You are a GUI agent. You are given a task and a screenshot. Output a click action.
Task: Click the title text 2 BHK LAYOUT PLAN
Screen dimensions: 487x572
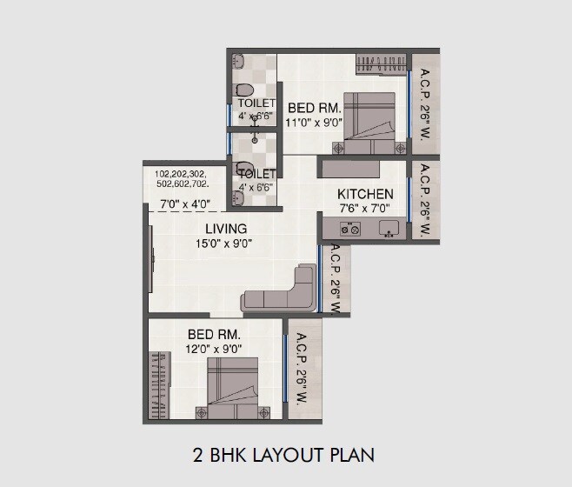pos(283,455)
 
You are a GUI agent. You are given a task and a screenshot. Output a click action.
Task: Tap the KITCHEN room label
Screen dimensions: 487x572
pos(365,194)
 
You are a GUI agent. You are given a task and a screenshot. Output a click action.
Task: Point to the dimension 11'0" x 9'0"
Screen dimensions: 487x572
pos(314,123)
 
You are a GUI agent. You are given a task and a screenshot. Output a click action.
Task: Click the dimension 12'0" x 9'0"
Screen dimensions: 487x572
pos(214,348)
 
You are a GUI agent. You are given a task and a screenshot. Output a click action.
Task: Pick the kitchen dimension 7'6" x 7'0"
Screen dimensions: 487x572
pos(365,209)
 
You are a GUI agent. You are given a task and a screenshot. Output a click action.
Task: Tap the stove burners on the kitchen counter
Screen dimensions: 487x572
pos(350,230)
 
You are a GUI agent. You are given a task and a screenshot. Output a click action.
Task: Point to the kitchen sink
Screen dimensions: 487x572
pos(389,230)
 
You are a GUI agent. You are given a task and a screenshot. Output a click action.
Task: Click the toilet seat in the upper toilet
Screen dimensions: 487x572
pos(244,90)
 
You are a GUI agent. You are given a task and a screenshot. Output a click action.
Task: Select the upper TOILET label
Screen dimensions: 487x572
pos(256,104)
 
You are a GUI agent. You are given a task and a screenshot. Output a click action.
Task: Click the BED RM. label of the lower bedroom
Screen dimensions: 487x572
pos(214,334)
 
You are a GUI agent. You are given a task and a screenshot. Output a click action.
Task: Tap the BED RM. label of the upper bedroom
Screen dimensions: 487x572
pos(314,108)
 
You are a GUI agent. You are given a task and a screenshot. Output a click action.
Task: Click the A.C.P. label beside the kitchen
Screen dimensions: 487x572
pos(426,199)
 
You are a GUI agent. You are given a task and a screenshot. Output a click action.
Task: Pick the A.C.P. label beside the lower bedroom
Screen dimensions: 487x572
pos(303,370)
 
